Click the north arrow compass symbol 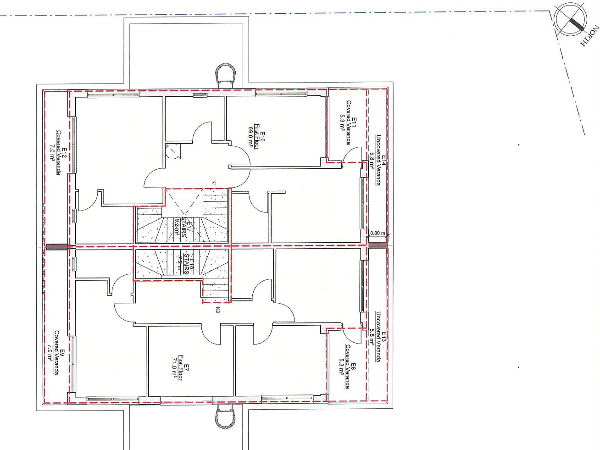pyautogui.click(x=570, y=20)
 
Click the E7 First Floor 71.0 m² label pyautogui.click(x=178, y=367)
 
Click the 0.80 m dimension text pyautogui.click(x=378, y=233)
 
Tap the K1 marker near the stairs pyautogui.click(x=214, y=183)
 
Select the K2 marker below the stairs pyautogui.click(x=217, y=310)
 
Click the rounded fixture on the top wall pyautogui.click(x=226, y=74)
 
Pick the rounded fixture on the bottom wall pyautogui.click(x=226, y=417)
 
